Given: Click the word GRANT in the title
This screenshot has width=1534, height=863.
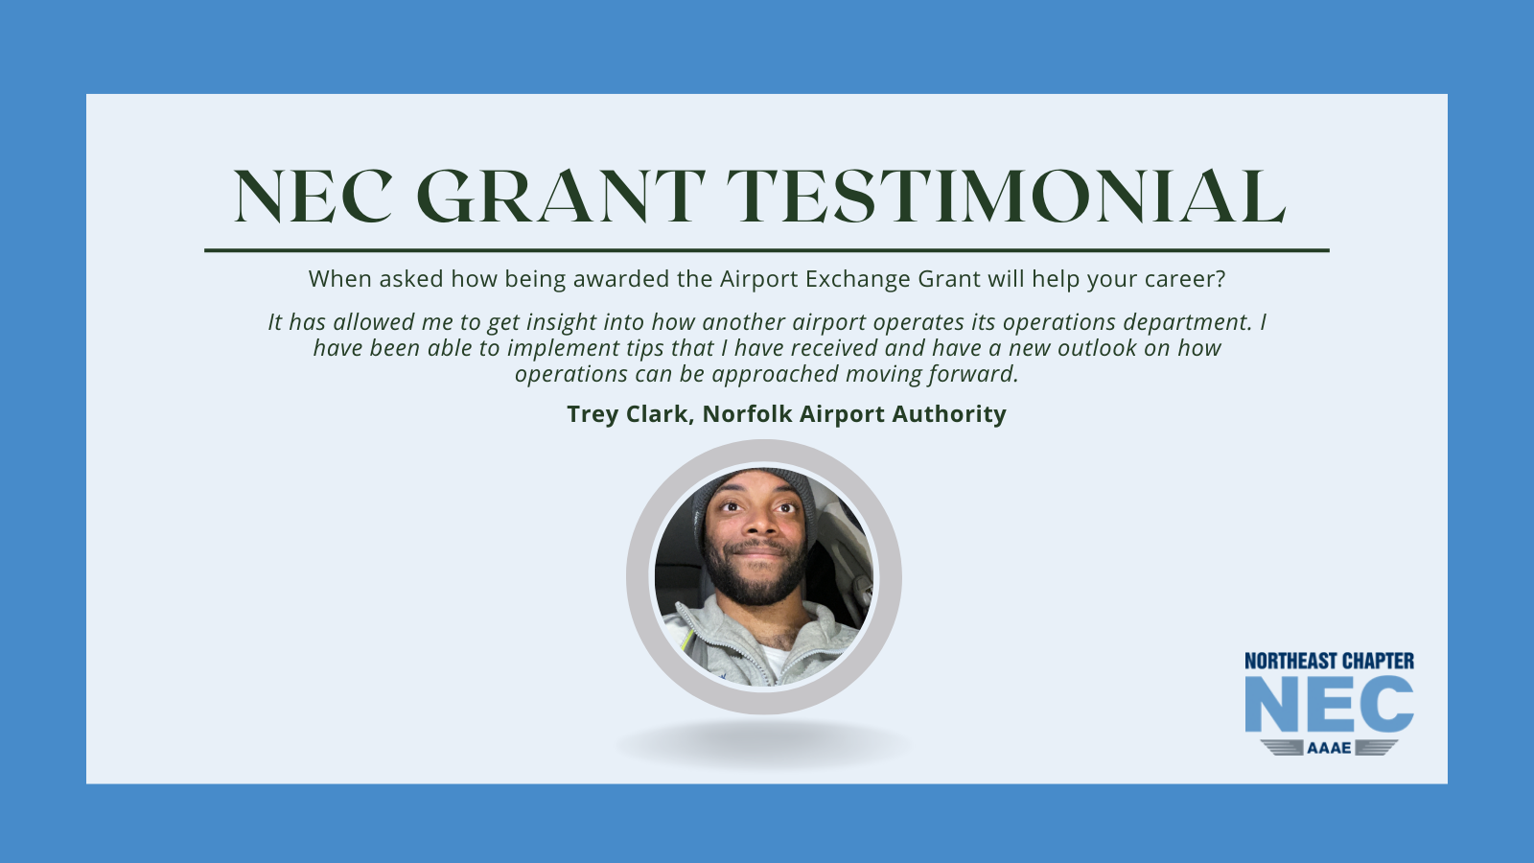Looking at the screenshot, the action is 560,197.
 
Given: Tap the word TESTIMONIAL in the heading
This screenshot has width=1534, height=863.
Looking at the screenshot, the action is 1006,197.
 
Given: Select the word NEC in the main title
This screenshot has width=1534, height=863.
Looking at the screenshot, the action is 313,197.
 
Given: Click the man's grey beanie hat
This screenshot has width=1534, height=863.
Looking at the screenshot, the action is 754,492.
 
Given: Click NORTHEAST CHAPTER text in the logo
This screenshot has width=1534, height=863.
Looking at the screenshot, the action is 1329,661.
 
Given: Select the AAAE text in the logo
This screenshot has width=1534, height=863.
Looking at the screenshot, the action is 1329,748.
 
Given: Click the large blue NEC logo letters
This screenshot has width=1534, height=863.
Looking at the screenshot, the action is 1329,704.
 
